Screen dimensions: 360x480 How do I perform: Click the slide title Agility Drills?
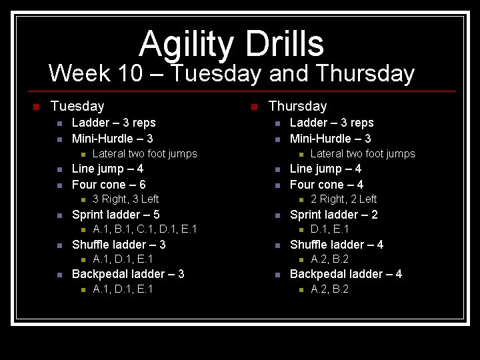(x=231, y=44)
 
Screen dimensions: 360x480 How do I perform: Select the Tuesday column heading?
(x=77, y=106)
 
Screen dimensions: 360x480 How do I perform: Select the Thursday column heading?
(x=297, y=106)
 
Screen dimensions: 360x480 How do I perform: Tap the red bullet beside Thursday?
(x=254, y=107)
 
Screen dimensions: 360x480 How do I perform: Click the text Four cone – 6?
(x=109, y=185)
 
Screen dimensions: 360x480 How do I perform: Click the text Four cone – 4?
(x=327, y=185)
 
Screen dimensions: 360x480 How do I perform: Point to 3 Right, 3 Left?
(x=125, y=199)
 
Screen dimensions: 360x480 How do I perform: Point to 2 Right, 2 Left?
(x=343, y=199)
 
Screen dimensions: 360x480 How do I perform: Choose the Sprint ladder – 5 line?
(x=115, y=215)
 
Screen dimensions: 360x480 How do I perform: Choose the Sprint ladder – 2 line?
(x=333, y=215)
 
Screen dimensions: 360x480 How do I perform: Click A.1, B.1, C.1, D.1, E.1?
(x=145, y=229)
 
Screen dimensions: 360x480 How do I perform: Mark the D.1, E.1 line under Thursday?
(x=330, y=229)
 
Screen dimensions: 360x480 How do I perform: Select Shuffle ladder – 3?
(x=119, y=245)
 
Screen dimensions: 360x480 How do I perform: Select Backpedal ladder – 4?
(x=346, y=274)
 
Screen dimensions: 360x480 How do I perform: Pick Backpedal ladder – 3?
(x=128, y=274)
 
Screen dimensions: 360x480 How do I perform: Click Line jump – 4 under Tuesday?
(x=107, y=169)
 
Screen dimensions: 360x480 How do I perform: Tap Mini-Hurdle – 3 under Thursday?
(x=330, y=139)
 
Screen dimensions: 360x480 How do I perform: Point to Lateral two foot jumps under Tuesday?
(x=145, y=154)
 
